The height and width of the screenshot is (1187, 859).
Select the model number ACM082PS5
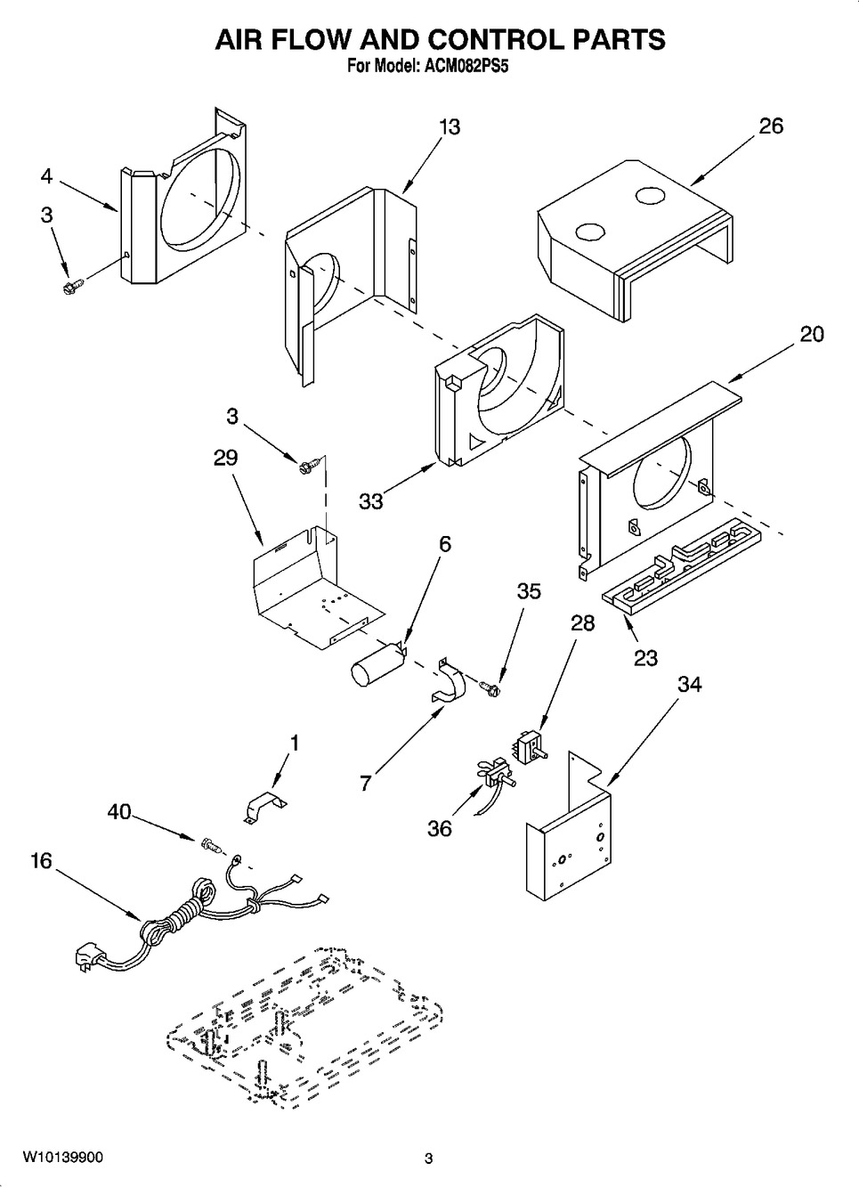click(x=463, y=66)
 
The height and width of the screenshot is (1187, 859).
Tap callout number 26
click(x=771, y=126)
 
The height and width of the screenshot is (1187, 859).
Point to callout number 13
click(x=450, y=127)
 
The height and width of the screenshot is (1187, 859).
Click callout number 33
click(x=370, y=501)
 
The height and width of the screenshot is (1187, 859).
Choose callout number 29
click(x=225, y=458)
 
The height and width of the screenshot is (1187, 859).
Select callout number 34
click(x=689, y=684)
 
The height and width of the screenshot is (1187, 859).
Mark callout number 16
click(x=41, y=861)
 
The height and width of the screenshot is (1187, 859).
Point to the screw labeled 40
click(x=211, y=842)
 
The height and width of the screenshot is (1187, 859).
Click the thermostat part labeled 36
click(x=494, y=775)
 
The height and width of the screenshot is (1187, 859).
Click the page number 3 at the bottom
click(x=428, y=1159)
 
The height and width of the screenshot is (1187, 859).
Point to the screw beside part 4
click(x=72, y=286)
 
